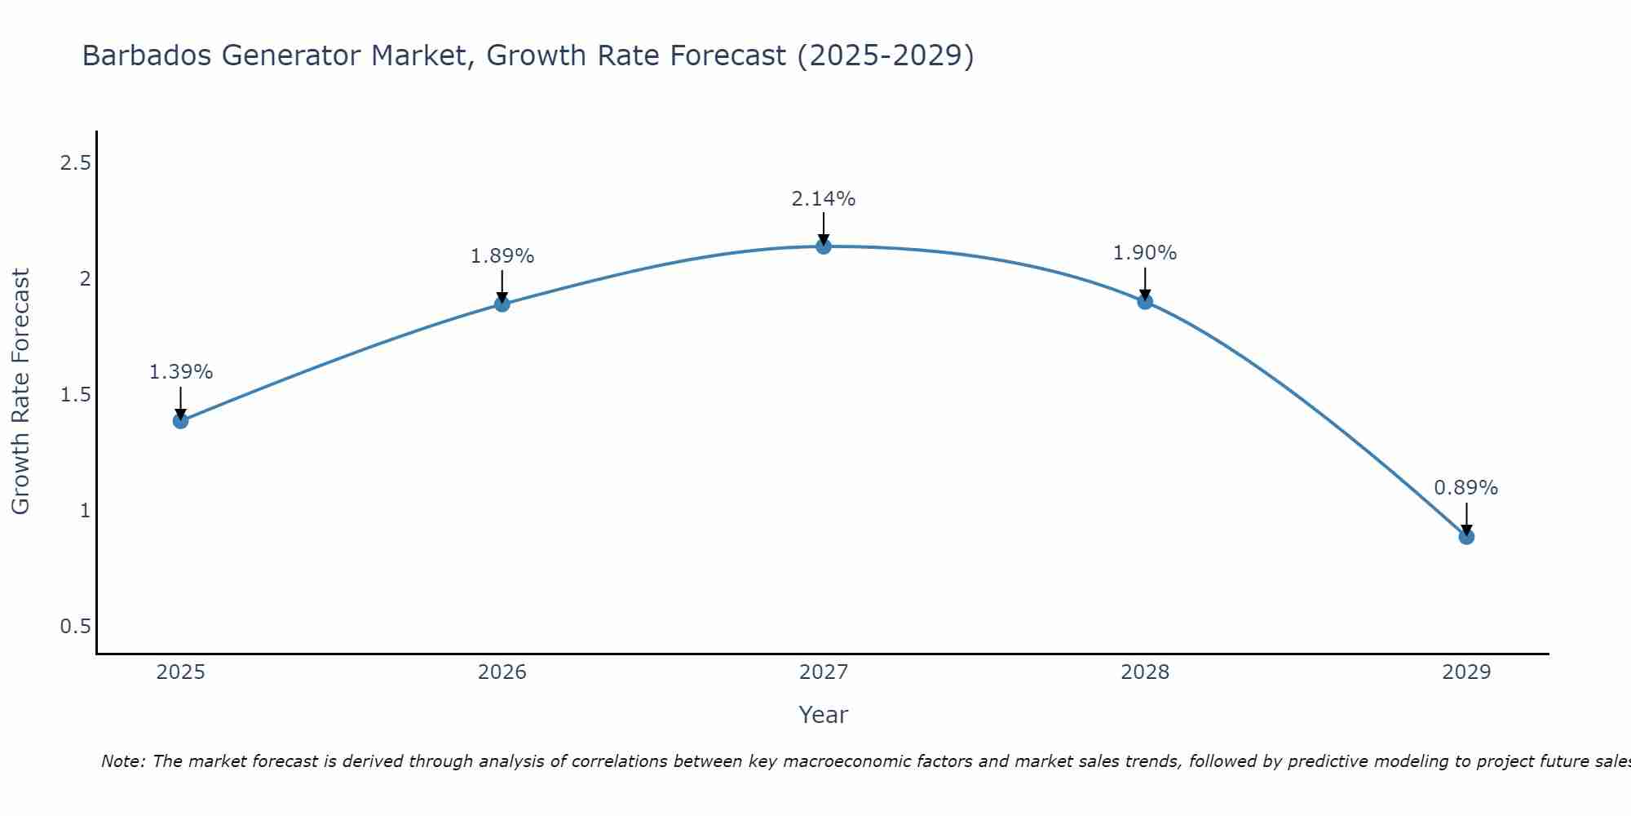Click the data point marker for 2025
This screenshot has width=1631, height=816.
[180, 421]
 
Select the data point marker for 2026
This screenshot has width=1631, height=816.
[502, 304]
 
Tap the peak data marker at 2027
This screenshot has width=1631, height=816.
[824, 246]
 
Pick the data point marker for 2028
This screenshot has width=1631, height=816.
[1145, 302]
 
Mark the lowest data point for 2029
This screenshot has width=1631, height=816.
[1466, 537]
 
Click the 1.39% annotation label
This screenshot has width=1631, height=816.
[180, 372]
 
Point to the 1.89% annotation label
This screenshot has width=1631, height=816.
[502, 256]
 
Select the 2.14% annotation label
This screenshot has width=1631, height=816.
[824, 199]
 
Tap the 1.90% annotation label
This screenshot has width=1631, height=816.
[1145, 253]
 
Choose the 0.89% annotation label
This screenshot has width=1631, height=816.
[1466, 488]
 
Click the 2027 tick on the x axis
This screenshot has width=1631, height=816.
[824, 672]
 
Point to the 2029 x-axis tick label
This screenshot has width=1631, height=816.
[1466, 672]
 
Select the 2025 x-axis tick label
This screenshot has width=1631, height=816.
[180, 672]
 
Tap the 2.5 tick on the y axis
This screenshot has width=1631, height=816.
[75, 163]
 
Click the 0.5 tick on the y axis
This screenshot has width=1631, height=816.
[75, 627]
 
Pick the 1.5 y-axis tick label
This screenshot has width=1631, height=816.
[75, 395]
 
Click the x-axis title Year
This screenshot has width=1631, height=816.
[824, 715]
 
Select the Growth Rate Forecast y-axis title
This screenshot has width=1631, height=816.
[20, 392]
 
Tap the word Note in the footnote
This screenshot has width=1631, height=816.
[122, 761]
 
